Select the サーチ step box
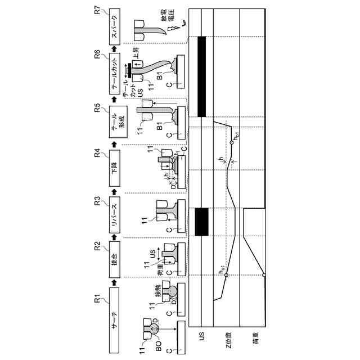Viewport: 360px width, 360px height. [114, 320]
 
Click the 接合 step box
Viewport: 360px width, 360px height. [114, 259]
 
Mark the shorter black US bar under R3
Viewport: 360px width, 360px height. [201, 222]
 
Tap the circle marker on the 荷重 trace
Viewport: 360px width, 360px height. [264, 274]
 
